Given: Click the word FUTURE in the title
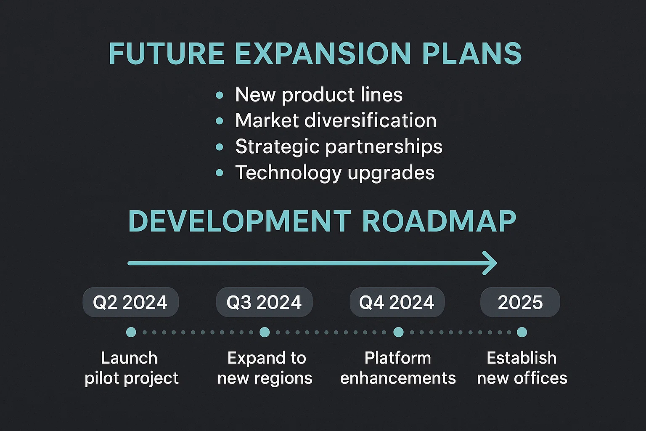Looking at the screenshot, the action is [x=167, y=54].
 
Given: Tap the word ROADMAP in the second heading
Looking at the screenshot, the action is [x=439, y=221].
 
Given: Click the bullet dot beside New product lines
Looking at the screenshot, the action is [x=220, y=95].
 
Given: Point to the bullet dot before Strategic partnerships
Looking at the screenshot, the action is [x=220, y=147].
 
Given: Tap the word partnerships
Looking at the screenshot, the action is [x=384, y=147].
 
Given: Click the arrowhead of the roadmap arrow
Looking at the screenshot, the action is [x=490, y=263].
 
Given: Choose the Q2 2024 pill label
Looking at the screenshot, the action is [x=131, y=302].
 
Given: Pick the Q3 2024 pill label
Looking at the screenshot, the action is [x=264, y=302].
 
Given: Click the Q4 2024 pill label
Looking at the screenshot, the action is [x=397, y=302].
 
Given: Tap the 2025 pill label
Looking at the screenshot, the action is [x=520, y=302].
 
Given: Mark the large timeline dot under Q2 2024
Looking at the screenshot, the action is [x=131, y=332].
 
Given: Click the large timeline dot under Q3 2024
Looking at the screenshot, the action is [x=265, y=332].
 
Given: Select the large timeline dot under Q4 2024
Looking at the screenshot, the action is [x=399, y=332].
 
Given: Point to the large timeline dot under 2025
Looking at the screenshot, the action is [x=522, y=332].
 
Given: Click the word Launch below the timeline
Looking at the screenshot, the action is [x=130, y=358].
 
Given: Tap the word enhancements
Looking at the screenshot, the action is [x=398, y=378].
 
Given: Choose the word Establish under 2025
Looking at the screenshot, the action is [x=522, y=358].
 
